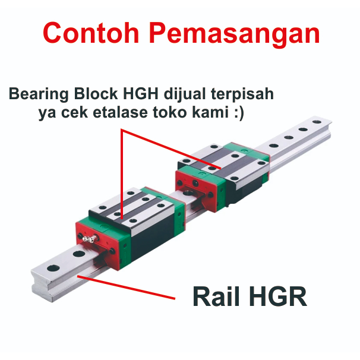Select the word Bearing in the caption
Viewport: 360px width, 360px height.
tap(39, 94)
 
